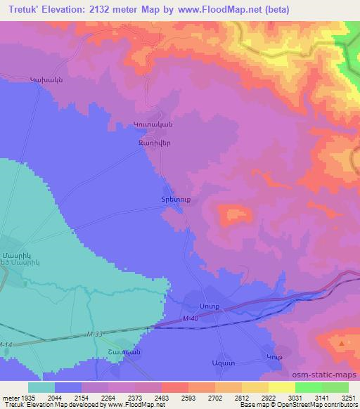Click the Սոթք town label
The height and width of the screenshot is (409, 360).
click(x=210, y=307)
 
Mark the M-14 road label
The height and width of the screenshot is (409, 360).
click(x=6, y=344)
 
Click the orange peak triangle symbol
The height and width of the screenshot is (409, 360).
click(x=342, y=344)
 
